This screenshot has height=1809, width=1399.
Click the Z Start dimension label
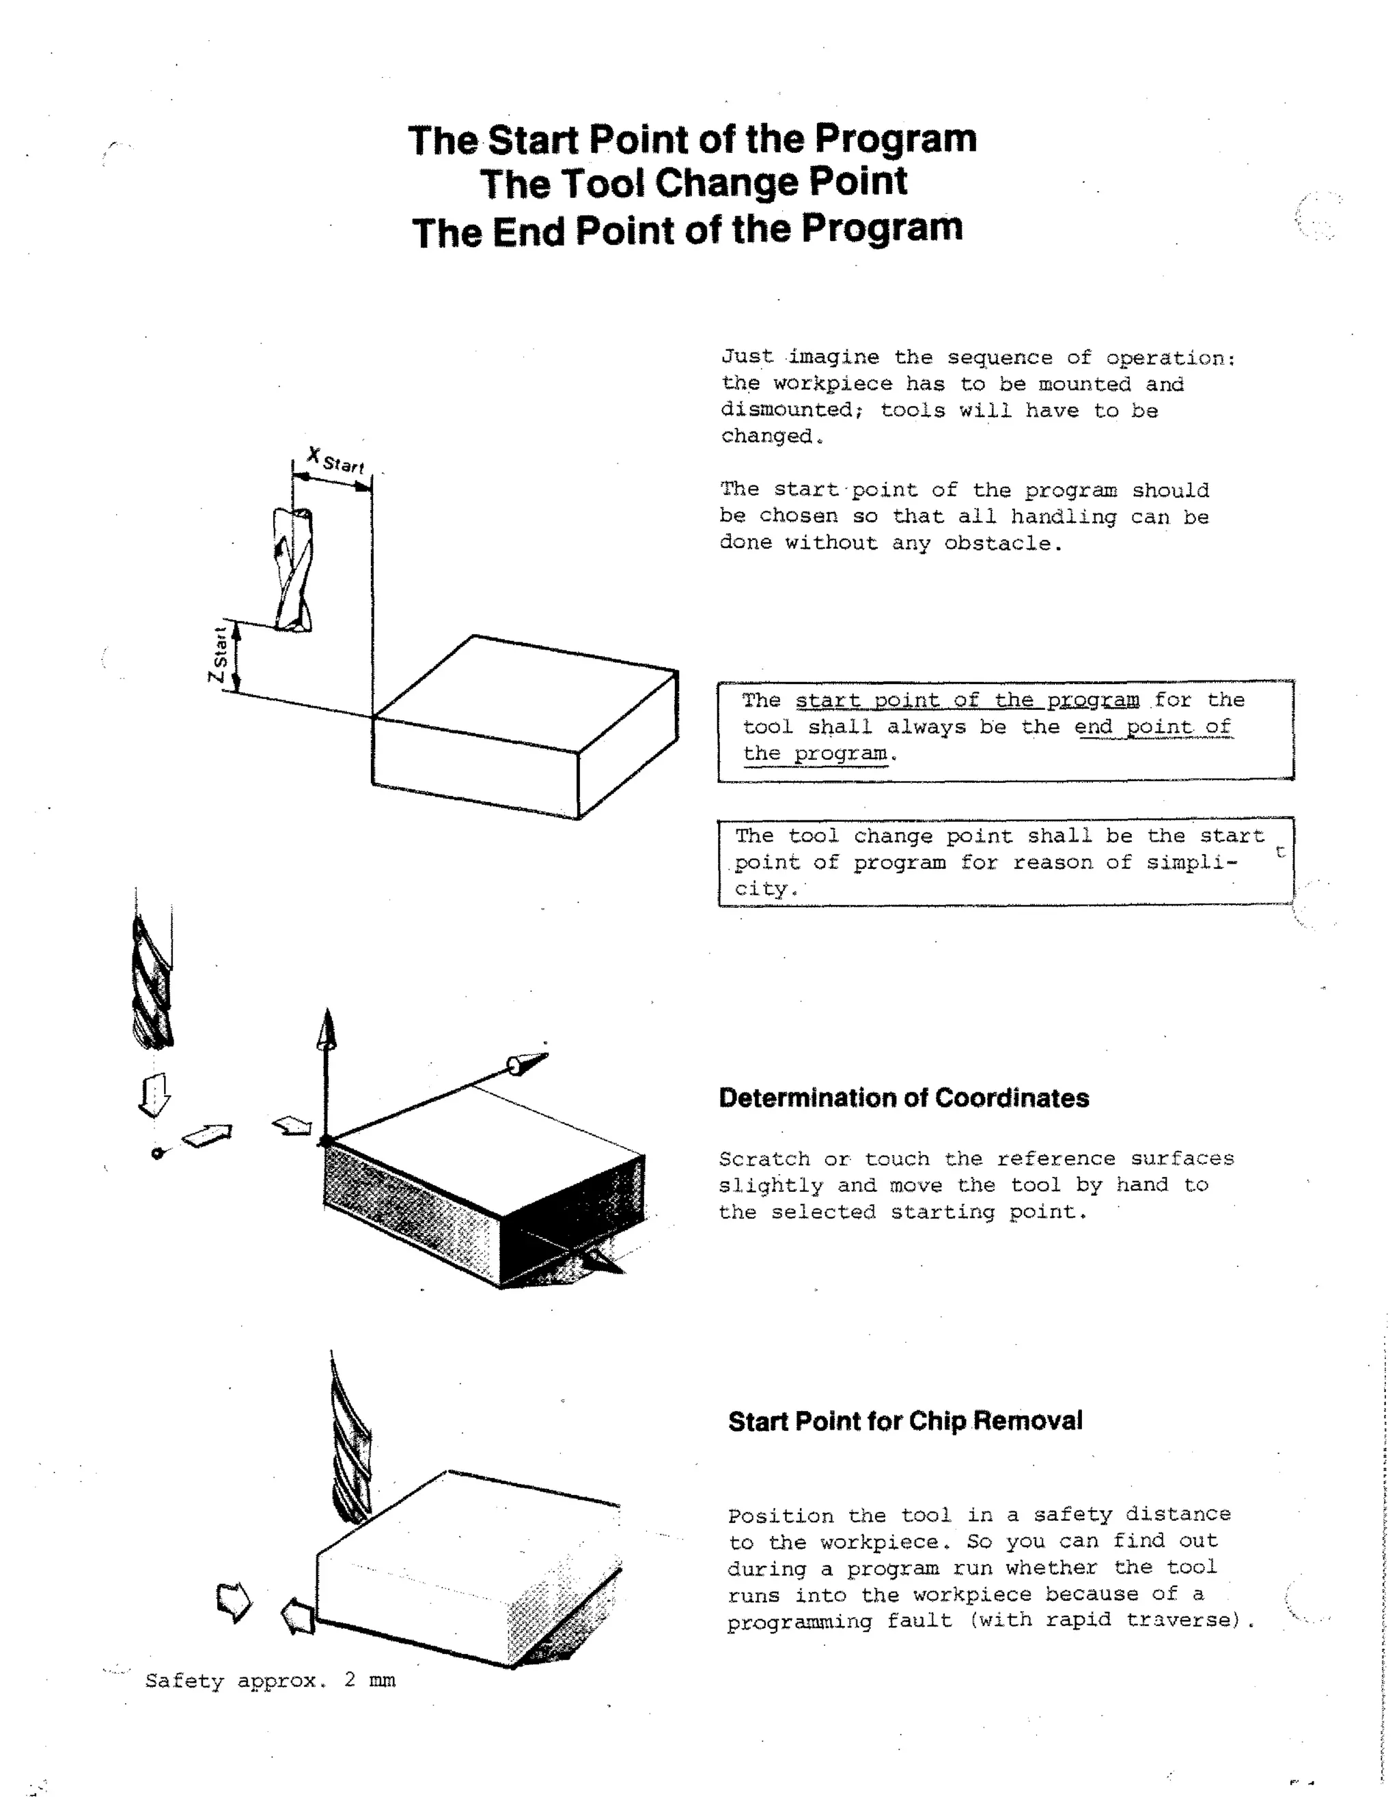click(218, 655)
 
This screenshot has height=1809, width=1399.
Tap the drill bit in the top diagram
click(293, 570)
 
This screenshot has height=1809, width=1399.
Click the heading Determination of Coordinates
click(903, 1098)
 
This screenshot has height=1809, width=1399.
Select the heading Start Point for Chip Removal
click(905, 1421)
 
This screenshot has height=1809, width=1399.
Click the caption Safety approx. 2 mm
click(271, 1681)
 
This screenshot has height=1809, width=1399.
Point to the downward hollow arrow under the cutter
click(154, 1094)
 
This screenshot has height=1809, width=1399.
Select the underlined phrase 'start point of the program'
click(967, 701)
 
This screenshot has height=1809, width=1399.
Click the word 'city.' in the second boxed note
click(766, 889)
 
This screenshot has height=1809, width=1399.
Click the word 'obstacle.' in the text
click(1002, 544)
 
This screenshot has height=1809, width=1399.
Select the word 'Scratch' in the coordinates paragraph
click(763, 1159)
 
